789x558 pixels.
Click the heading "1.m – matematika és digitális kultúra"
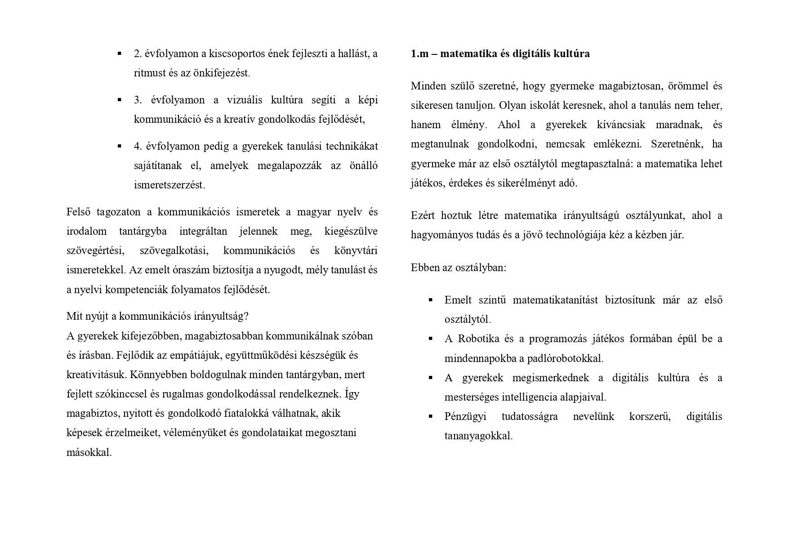[x=500, y=54]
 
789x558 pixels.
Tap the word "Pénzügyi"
[x=465, y=416]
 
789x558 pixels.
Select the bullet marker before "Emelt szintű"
[x=431, y=300]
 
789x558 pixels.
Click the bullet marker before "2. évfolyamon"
[x=120, y=54]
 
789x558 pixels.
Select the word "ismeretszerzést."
[x=169, y=185]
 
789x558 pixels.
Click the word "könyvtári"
[x=356, y=250]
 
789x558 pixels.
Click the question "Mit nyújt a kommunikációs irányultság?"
[x=157, y=316]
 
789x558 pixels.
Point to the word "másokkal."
[x=89, y=452]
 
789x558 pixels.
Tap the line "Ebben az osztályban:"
[x=458, y=268]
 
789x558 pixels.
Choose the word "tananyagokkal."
[x=478, y=436]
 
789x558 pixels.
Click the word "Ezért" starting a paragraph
[x=423, y=215]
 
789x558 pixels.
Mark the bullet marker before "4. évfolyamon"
[x=120, y=146]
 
